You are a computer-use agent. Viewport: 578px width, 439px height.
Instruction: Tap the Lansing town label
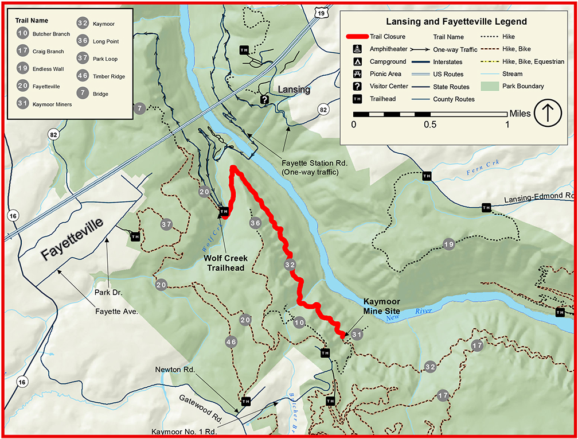pos(294,90)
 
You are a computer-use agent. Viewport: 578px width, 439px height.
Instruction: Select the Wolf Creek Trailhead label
pos(225,263)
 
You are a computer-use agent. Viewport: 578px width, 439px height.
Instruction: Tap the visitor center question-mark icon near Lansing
pos(264,100)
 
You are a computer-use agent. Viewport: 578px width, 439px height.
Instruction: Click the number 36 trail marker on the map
pos(255,223)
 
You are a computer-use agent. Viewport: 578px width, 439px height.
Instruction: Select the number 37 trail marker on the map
pos(166,224)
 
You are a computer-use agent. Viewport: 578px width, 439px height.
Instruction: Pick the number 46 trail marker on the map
pos(231,342)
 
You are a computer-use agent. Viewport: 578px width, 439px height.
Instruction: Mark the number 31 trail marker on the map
pos(357,335)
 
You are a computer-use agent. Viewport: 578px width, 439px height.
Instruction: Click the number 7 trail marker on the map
pos(139,108)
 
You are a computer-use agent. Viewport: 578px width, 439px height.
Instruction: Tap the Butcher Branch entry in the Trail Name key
pos(51,34)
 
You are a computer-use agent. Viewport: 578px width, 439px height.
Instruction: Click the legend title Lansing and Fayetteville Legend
pos(456,22)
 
